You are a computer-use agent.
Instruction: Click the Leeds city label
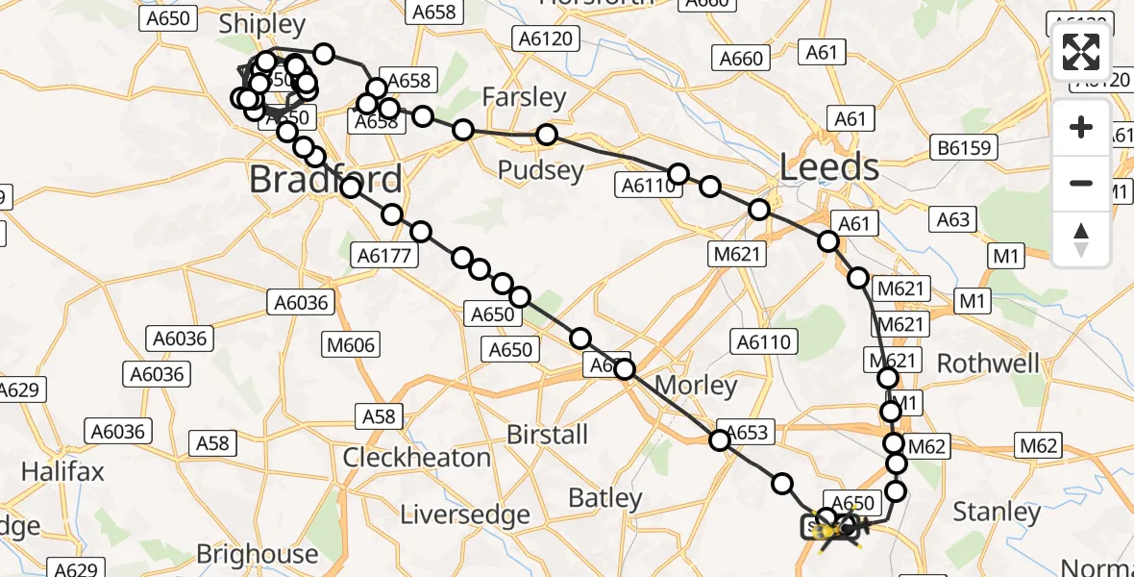tap(829, 168)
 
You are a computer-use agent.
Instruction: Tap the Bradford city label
tap(326, 180)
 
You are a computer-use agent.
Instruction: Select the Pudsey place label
tap(541, 171)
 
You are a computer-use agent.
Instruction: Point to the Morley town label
tap(696, 387)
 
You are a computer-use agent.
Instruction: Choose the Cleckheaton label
tap(417, 458)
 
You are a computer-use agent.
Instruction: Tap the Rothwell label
tap(988, 364)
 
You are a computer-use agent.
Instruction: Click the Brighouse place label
tap(257, 554)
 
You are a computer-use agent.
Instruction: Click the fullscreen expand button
tap(1081, 52)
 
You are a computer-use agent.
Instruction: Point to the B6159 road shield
tap(968, 148)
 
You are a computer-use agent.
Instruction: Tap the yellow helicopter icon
tap(838, 528)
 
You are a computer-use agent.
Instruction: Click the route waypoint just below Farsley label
tap(547, 135)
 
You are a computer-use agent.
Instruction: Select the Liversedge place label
tap(464, 514)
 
